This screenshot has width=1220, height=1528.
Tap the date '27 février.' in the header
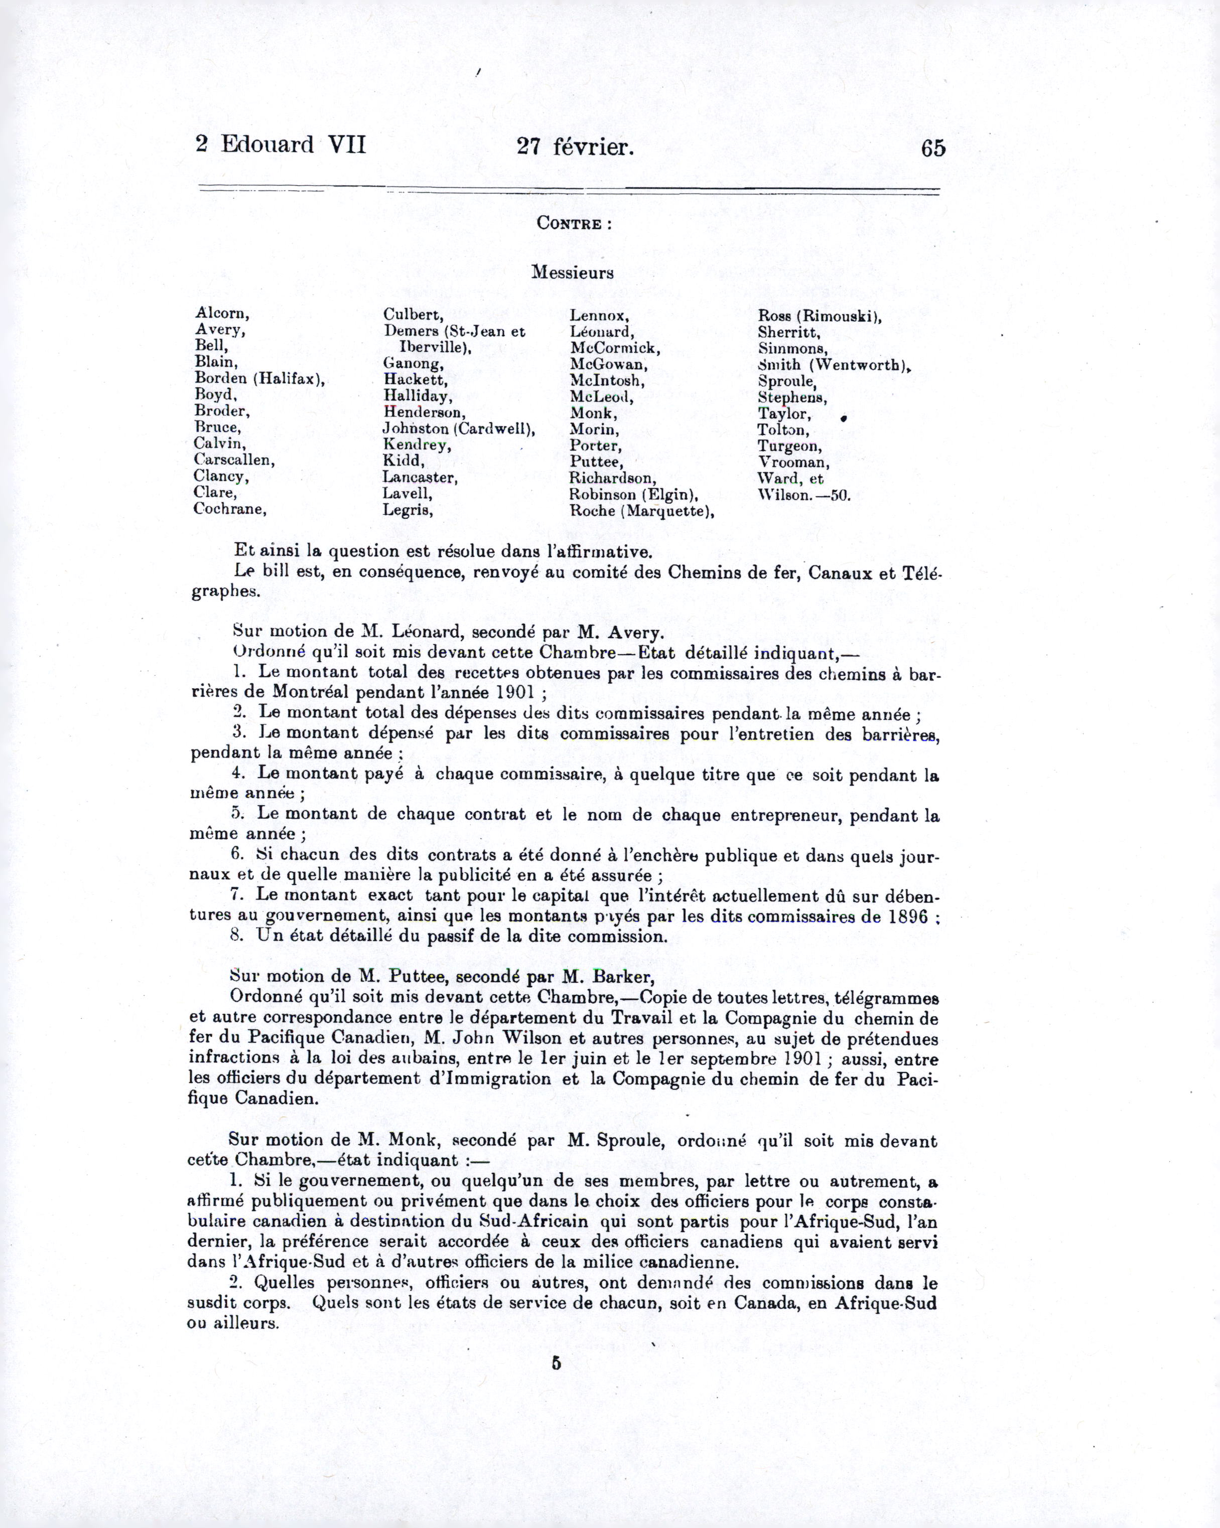[x=575, y=146]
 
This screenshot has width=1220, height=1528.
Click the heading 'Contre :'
[x=574, y=223]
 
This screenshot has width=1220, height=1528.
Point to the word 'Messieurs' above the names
[x=572, y=273]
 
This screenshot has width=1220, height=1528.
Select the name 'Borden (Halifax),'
[x=259, y=378]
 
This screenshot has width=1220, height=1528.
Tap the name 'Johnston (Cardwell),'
[x=459, y=429]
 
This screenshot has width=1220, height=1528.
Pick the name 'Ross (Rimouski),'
[x=820, y=316]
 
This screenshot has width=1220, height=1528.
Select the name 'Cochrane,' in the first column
[x=230, y=509]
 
